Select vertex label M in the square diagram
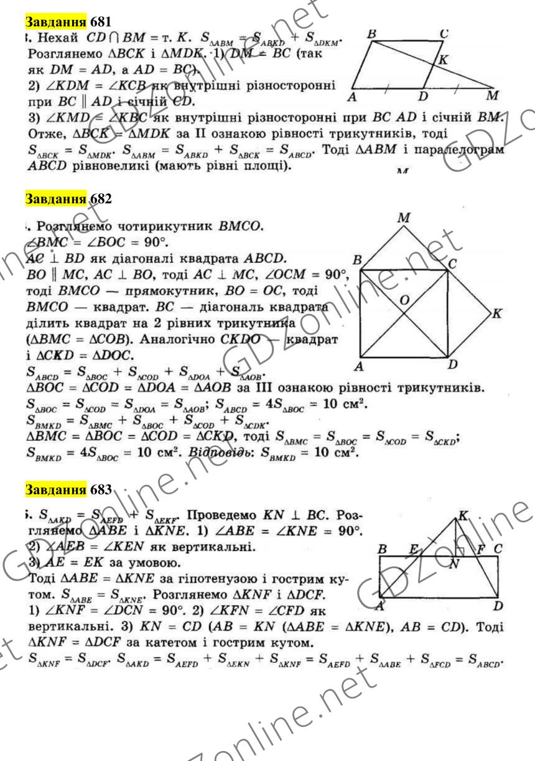click(405, 219)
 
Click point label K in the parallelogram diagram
click(442, 60)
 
